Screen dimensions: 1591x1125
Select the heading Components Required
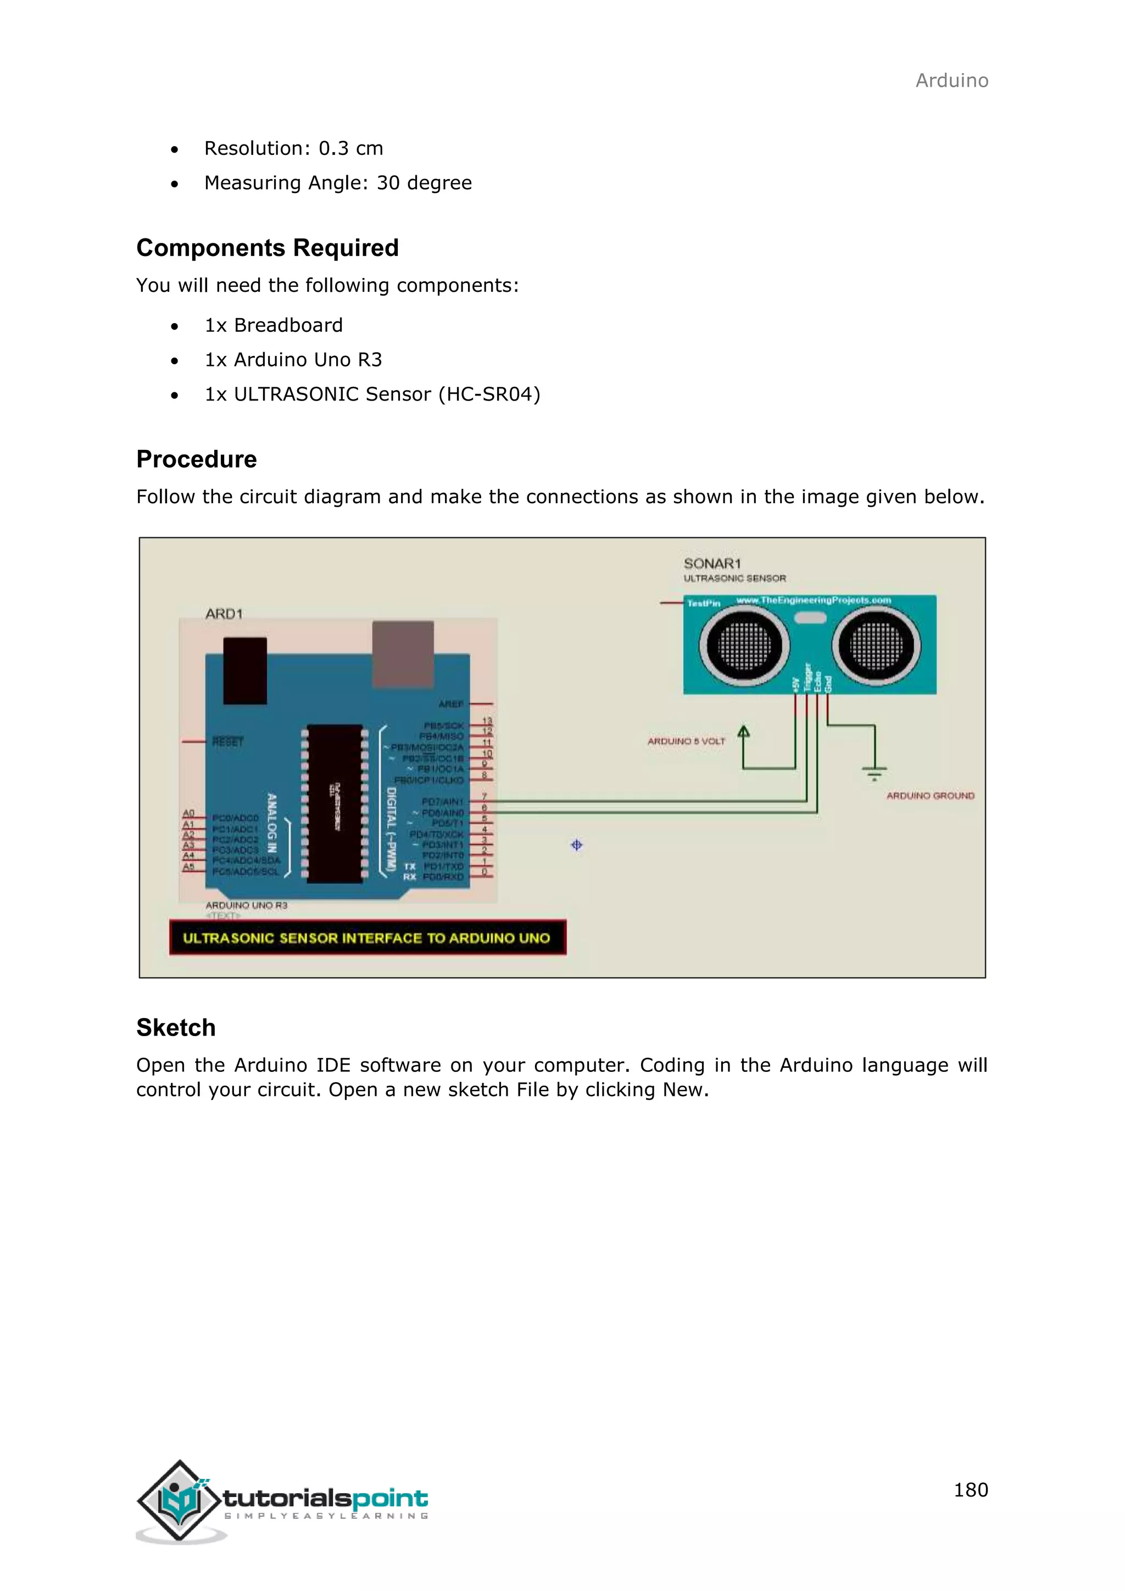(x=268, y=247)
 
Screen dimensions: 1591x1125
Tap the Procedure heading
(x=196, y=459)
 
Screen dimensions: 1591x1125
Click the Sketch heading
(x=175, y=1027)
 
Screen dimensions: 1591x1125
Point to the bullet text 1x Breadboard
(x=274, y=325)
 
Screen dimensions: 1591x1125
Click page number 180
(x=971, y=1489)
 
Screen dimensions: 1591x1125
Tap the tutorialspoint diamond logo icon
(x=180, y=1500)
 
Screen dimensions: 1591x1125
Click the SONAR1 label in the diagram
(x=711, y=563)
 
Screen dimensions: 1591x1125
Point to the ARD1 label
(x=224, y=614)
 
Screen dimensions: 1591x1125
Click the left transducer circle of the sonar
(x=744, y=646)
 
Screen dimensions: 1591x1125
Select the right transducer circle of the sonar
(x=876, y=646)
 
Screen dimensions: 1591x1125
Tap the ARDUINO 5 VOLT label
(x=686, y=742)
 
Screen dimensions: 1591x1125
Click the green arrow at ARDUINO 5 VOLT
(x=743, y=732)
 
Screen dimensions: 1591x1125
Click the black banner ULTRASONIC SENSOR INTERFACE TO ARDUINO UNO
(x=367, y=938)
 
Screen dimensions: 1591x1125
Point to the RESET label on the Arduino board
(x=228, y=742)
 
